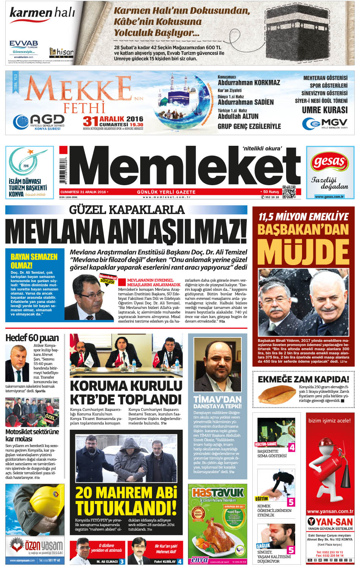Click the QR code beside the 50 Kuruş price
click(x=289, y=192)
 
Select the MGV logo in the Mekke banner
click(x=325, y=123)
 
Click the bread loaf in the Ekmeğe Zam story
click(x=276, y=394)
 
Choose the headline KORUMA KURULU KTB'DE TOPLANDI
click(x=126, y=392)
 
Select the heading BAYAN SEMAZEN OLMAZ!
click(x=34, y=261)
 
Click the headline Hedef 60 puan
click(x=32, y=338)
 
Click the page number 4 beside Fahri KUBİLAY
click(x=180, y=562)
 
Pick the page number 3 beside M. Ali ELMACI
click(x=122, y=562)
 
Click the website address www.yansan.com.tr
click(x=330, y=511)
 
